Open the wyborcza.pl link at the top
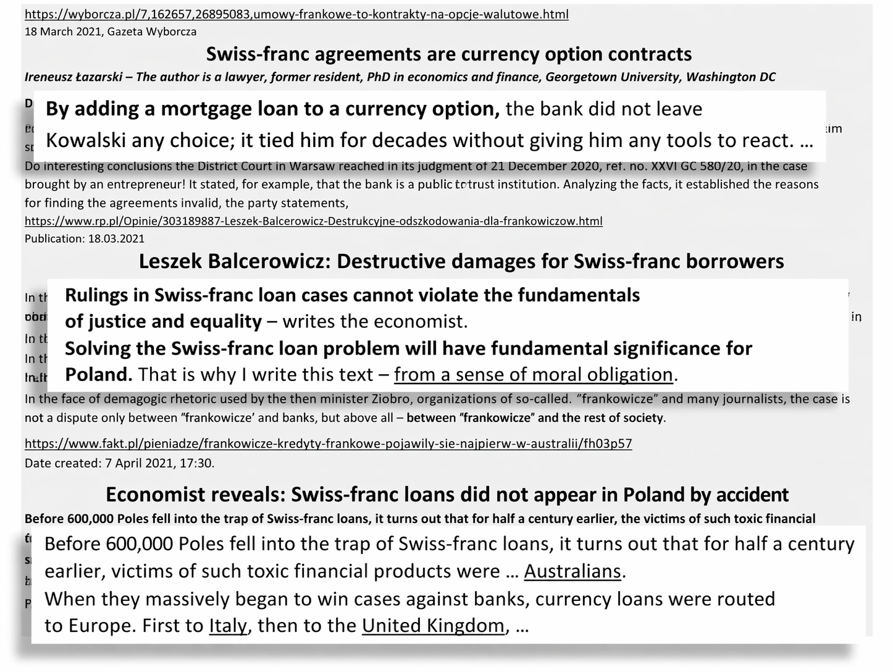(x=296, y=14)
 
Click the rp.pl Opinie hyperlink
(x=313, y=221)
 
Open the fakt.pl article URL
(x=328, y=443)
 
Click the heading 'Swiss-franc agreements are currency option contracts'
(x=449, y=54)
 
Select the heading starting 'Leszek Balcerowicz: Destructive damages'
(x=461, y=261)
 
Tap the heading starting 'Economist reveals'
(x=447, y=495)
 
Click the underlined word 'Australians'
(x=572, y=571)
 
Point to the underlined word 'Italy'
(x=228, y=626)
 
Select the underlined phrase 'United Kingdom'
(x=433, y=626)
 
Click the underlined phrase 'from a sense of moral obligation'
(x=534, y=375)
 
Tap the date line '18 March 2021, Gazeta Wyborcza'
(x=111, y=31)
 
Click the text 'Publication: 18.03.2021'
(x=85, y=238)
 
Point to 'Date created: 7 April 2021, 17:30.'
(x=120, y=463)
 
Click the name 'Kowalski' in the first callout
(x=85, y=141)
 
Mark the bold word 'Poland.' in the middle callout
(x=98, y=375)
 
